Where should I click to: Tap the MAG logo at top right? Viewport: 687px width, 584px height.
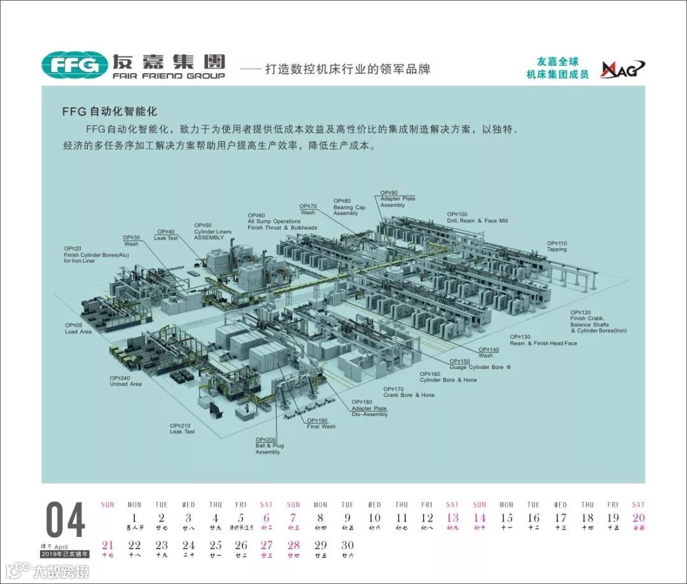(x=623, y=69)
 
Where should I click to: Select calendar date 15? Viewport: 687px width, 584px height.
(x=506, y=518)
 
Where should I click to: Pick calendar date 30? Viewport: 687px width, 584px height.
(x=347, y=545)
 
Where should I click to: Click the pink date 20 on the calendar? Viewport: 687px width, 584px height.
(x=638, y=518)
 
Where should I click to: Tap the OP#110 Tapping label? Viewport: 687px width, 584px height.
(x=557, y=246)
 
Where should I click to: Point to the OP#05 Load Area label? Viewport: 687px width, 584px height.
(x=78, y=328)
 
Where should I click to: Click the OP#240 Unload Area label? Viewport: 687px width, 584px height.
(x=125, y=380)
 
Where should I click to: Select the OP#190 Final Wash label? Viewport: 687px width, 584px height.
(x=321, y=423)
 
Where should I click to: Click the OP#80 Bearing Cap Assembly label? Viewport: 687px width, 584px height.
(x=349, y=207)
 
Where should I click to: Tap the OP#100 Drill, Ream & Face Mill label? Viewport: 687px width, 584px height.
(x=477, y=218)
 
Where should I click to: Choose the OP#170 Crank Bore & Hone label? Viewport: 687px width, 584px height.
(x=408, y=391)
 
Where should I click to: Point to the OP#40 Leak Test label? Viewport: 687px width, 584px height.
(x=166, y=235)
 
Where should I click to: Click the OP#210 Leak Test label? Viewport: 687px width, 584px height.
(x=182, y=428)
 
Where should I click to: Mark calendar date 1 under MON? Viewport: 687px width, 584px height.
(x=134, y=518)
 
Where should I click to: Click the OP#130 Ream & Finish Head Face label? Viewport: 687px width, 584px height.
(x=543, y=340)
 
